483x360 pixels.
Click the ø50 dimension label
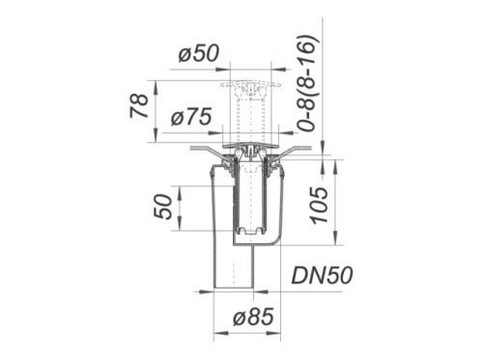coord(199,53)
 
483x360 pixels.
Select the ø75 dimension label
coord(191,117)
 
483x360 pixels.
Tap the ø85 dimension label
coord(253,317)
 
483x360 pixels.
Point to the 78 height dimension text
coord(139,106)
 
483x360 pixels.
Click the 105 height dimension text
coord(319,206)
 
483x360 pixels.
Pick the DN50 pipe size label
coord(322,275)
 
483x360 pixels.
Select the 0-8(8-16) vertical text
coord(306,83)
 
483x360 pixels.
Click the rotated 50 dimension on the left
coord(163,207)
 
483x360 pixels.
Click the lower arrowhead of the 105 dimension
coord(336,238)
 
